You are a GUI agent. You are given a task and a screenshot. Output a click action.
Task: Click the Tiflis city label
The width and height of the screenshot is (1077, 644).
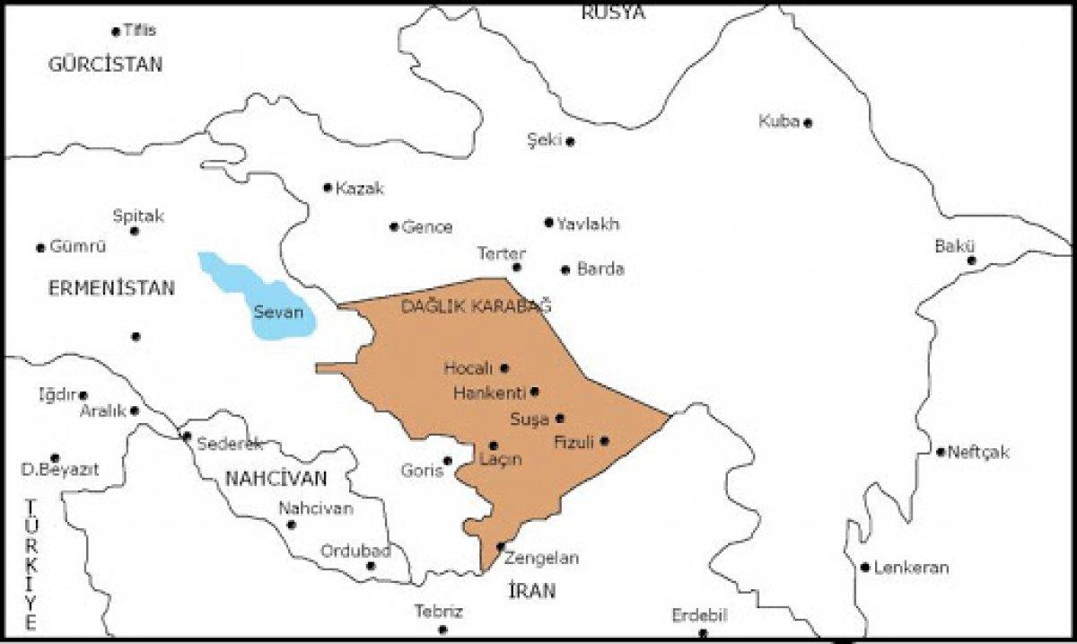[x=139, y=30]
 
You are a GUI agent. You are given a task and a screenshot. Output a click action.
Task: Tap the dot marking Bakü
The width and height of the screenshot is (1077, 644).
[x=971, y=260]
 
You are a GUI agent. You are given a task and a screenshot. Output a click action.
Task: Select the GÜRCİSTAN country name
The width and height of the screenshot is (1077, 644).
[x=106, y=65]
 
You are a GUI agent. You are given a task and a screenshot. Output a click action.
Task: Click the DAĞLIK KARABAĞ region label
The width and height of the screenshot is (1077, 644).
[x=476, y=306]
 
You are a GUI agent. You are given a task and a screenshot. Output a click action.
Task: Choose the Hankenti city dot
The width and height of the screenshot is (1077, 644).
[x=535, y=392]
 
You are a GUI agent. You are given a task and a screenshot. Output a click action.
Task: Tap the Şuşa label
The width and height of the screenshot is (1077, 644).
[x=529, y=419]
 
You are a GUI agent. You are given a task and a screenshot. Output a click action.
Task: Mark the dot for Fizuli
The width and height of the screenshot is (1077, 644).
[x=605, y=441]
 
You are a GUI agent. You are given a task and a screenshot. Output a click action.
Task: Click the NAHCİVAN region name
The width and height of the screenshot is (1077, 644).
[x=276, y=478]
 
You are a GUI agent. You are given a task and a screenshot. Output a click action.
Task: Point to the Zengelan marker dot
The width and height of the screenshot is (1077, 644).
[x=501, y=546]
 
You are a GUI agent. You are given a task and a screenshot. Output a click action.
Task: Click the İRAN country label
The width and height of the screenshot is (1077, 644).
[x=531, y=590]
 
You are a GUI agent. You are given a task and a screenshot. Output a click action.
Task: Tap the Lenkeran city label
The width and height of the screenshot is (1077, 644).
[x=911, y=568]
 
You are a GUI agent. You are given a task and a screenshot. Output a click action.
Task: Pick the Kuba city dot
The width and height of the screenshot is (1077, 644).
[x=808, y=123]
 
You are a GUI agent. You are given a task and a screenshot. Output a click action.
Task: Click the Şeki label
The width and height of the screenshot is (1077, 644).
[x=544, y=139]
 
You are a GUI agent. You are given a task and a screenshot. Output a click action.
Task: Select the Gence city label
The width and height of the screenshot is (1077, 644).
[x=427, y=227]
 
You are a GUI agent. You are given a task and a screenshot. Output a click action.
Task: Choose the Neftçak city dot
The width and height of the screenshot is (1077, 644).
[x=941, y=452]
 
